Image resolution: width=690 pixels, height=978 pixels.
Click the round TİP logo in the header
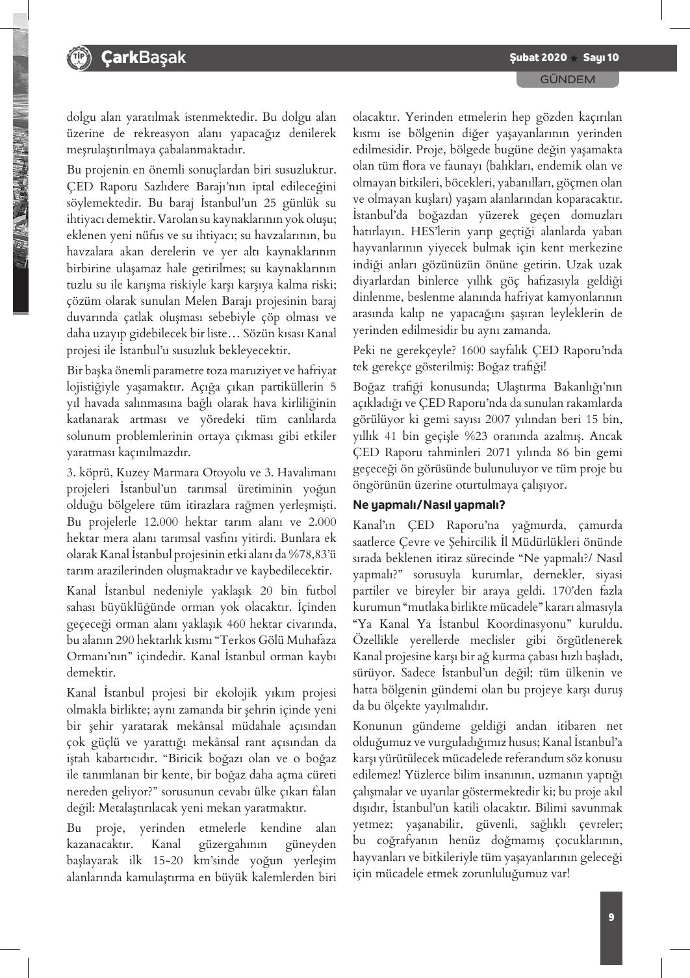[77, 58]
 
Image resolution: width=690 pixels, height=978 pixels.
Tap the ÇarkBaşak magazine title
[144, 58]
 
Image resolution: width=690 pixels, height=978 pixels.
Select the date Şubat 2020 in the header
[538, 58]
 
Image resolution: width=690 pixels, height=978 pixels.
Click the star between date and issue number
[574, 58]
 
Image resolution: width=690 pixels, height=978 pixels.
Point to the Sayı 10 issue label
[601, 58]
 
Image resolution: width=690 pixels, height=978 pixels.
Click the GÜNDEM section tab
[567, 79]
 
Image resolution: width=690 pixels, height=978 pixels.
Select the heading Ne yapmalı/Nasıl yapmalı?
[429, 504]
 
